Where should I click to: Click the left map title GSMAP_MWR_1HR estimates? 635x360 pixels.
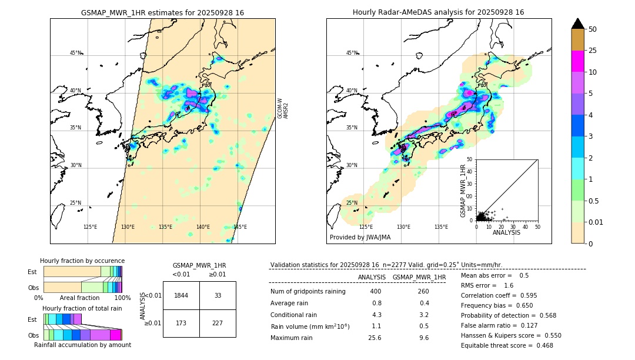click(x=162, y=12)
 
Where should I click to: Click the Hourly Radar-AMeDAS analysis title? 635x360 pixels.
click(x=439, y=12)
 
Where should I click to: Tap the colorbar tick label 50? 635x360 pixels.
click(x=593, y=29)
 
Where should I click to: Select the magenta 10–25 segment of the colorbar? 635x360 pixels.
click(x=578, y=61)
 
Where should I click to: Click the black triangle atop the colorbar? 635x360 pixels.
click(x=578, y=24)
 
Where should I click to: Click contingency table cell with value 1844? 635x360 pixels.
click(x=181, y=295)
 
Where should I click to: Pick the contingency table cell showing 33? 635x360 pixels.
click(x=218, y=295)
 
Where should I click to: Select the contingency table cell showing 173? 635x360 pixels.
click(x=181, y=324)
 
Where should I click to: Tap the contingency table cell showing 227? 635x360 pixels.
click(x=218, y=324)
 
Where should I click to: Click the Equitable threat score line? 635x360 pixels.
click(x=507, y=345)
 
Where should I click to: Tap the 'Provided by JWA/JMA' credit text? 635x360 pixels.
click(x=360, y=238)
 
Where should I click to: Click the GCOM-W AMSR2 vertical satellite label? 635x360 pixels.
click(x=283, y=109)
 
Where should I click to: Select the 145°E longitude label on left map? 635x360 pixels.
click(x=240, y=227)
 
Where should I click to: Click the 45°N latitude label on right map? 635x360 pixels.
click(x=352, y=53)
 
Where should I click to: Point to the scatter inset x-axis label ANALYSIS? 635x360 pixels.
click(x=507, y=232)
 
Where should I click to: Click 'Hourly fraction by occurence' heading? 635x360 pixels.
click(x=82, y=261)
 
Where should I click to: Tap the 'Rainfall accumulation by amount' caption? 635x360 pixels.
click(x=82, y=345)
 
